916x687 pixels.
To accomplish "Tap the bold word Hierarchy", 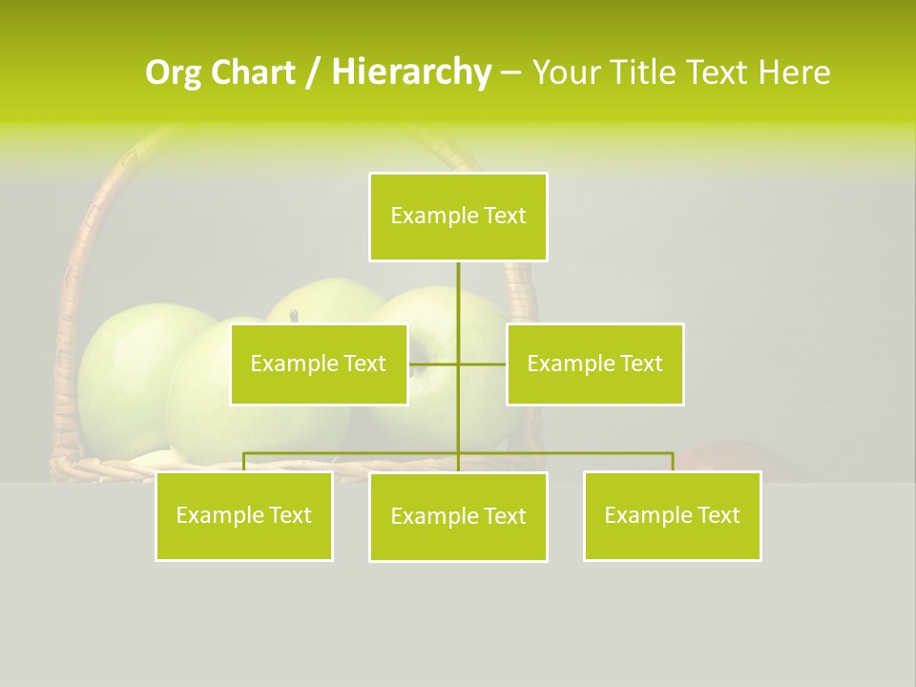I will click(410, 73).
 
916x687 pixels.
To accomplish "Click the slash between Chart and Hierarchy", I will click(312, 73).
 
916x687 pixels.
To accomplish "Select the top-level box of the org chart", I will click(458, 217).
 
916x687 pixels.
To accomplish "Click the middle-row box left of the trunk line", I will click(319, 364).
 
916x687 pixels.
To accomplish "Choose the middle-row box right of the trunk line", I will click(594, 364).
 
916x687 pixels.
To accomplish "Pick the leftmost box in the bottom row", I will click(243, 515).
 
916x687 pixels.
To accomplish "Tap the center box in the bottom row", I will click(458, 516).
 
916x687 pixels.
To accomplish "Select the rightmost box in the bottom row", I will click(672, 515).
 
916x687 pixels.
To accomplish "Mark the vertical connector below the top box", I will click(458, 296).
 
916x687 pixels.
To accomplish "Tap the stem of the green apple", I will click(295, 315).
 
